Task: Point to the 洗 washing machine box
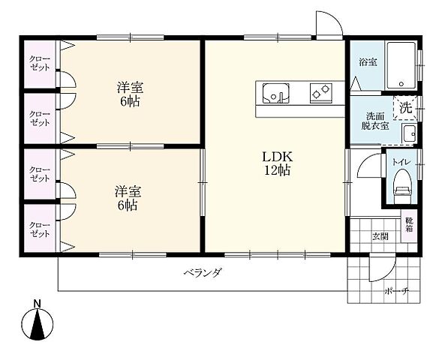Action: (405, 106)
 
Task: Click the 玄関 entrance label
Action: (380, 237)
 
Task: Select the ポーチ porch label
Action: (395, 290)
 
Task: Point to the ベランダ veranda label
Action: (202, 273)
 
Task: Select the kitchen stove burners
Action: (321, 93)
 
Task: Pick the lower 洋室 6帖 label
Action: (126, 198)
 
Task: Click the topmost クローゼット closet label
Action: (40, 62)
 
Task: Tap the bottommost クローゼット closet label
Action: (40, 229)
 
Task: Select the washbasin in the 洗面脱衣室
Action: (409, 134)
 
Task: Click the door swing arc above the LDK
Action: (327, 24)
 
